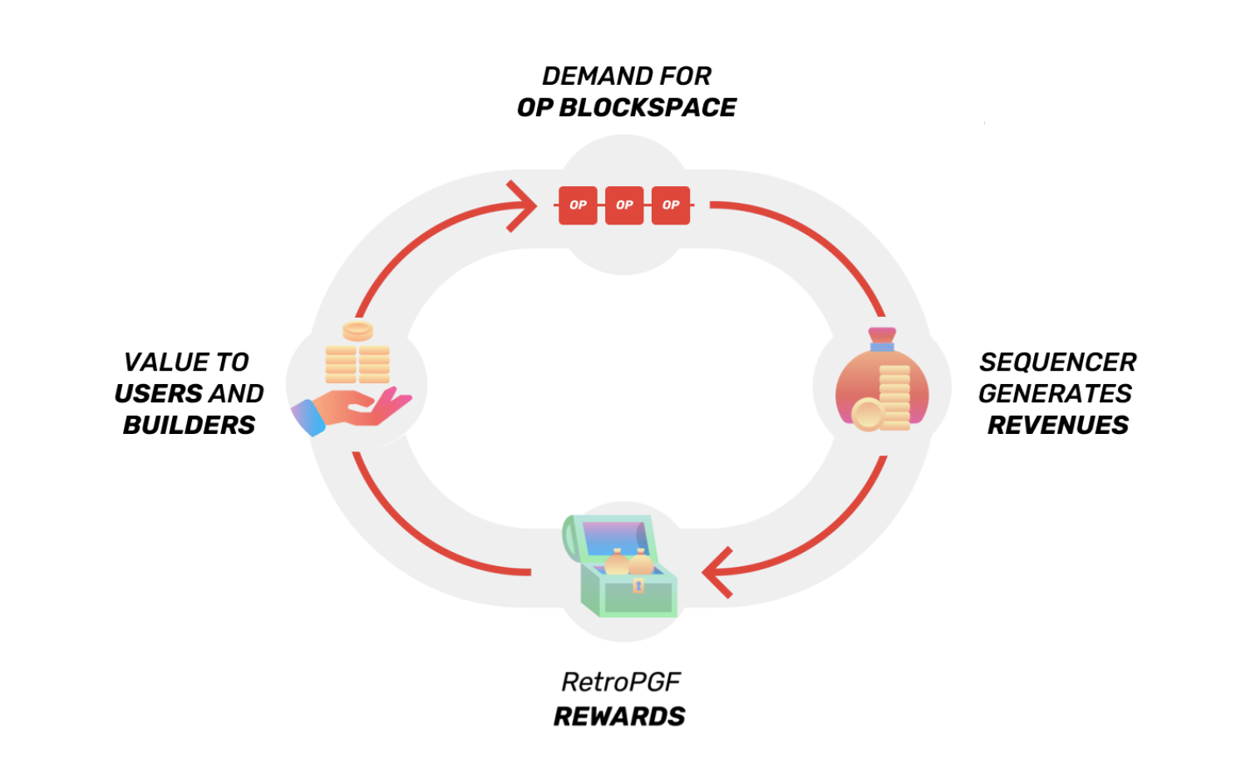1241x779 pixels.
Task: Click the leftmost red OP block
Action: tap(578, 205)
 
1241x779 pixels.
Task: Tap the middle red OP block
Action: tap(624, 205)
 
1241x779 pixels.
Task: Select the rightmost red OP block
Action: tap(671, 205)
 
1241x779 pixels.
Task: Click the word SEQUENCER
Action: tap(1057, 362)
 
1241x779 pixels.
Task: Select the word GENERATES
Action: tap(1055, 393)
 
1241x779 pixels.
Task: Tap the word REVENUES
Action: tap(1057, 425)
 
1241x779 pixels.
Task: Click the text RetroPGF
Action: tap(621, 683)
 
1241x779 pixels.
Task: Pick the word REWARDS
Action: tap(619, 717)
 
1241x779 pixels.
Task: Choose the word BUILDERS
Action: tap(189, 425)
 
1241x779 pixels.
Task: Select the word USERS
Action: tap(150, 393)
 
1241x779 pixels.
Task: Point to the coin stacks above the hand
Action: tap(357, 356)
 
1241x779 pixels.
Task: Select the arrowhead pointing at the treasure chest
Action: tap(717, 573)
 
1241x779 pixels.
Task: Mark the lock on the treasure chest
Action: tap(638, 586)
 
